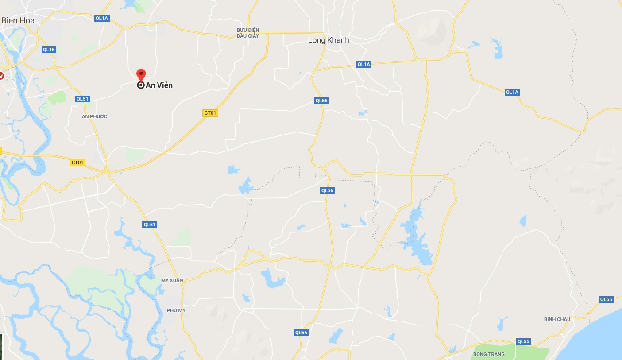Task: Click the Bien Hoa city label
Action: tap(18, 20)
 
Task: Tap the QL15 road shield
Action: tap(49, 50)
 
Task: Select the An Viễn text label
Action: tap(159, 85)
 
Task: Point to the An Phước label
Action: tap(95, 116)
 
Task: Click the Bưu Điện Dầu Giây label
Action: tap(248, 33)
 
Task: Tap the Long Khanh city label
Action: tap(328, 40)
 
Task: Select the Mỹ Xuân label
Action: tap(172, 280)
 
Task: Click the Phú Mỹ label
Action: tap(176, 310)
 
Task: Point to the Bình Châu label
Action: tap(557, 319)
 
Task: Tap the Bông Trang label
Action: tap(489, 354)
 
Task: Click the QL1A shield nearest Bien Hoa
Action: tap(102, 18)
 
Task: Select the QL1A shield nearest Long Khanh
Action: tap(363, 64)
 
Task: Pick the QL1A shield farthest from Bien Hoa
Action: tap(512, 92)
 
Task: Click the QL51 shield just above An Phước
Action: tap(82, 99)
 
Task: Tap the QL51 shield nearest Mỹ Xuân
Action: tap(150, 225)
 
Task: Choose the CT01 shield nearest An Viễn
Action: tap(210, 113)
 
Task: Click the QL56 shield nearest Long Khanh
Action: tap(321, 101)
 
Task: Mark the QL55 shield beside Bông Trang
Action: tap(523, 341)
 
